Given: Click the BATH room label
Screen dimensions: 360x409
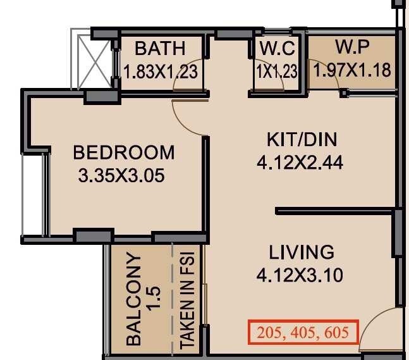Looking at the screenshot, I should click(160, 48).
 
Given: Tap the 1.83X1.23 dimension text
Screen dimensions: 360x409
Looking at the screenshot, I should click(161, 71).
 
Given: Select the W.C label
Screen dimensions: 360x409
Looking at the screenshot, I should click(276, 49).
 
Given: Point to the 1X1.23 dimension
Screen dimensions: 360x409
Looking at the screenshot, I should click(276, 71).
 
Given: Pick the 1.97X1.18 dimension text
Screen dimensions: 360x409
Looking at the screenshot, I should click(351, 70).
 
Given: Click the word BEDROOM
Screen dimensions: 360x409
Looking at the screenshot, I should click(124, 152).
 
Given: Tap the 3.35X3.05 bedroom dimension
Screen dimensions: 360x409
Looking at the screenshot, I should click(121, 175).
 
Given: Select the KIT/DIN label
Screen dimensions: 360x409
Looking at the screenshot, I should click(299, 140).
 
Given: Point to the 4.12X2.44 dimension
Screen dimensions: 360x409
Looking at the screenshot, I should click(300, 163).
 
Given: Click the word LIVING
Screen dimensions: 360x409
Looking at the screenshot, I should click(302, 252).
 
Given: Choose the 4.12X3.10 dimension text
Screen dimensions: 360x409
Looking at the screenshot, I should click(302, 275).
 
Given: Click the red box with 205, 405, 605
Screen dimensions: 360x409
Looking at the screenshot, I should click(303, 332).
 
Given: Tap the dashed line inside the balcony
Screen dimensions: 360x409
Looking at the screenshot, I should click(172, 297).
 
